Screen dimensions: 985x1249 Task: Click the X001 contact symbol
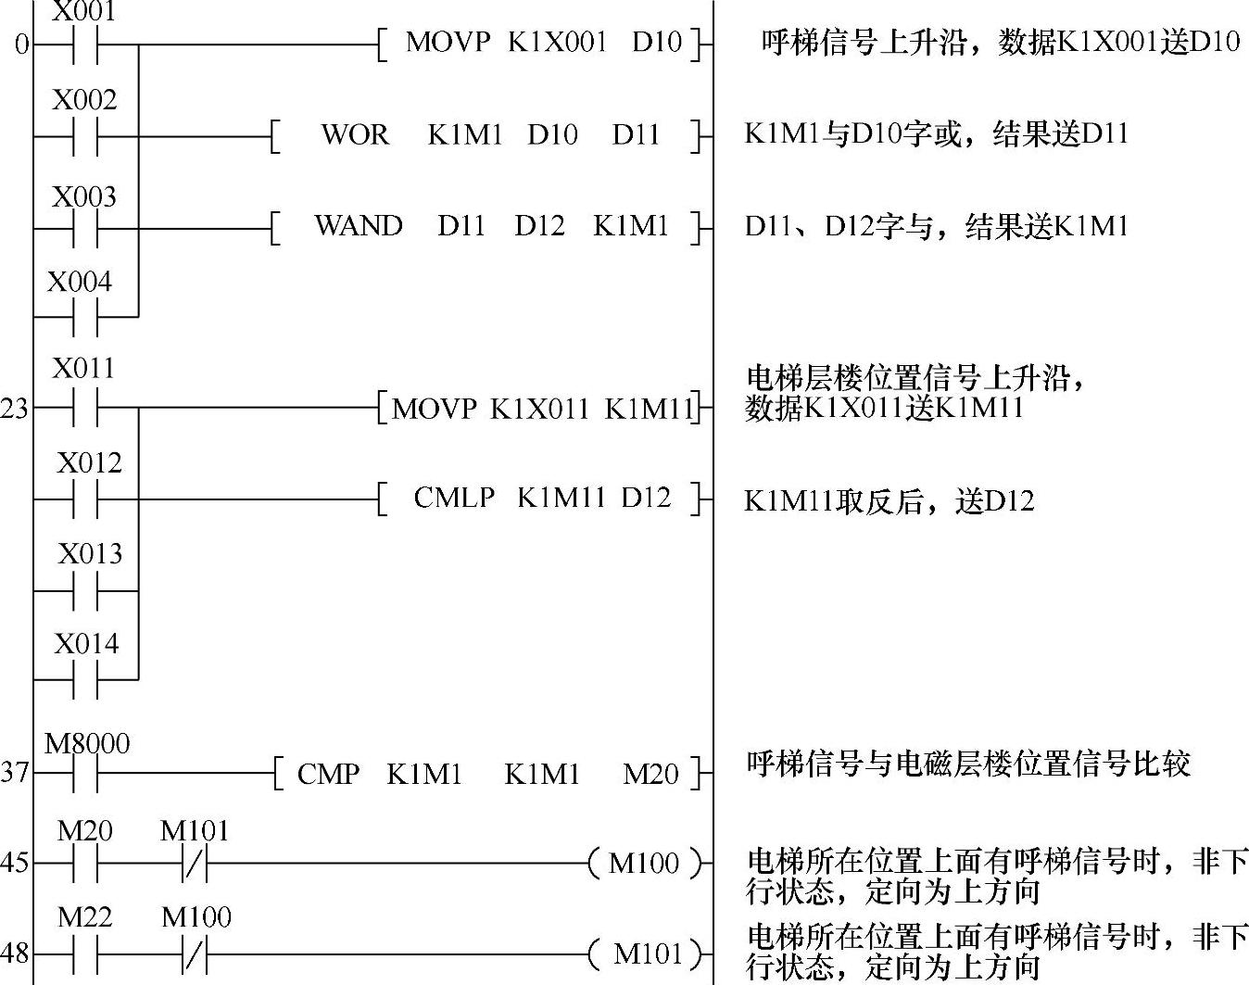[85, 44]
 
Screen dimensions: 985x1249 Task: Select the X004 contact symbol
[85, 316]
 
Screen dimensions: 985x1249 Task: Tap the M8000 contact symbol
[85, 772]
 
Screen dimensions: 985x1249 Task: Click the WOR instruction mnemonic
[355, 135]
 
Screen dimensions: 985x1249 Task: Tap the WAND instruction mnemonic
[358, 226]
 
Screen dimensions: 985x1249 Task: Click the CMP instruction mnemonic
[328, 774]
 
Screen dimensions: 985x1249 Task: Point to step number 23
[14, 409]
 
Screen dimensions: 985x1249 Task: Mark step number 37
[14, 772]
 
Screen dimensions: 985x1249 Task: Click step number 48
[14, 953]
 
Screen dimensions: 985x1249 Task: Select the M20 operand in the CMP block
[650, 774]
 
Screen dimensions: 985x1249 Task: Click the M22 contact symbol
[85, 953]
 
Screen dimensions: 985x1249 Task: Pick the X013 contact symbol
[85, 590]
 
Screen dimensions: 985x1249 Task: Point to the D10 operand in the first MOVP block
[657, 43]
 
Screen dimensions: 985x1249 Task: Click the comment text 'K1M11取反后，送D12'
[889, 501]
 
